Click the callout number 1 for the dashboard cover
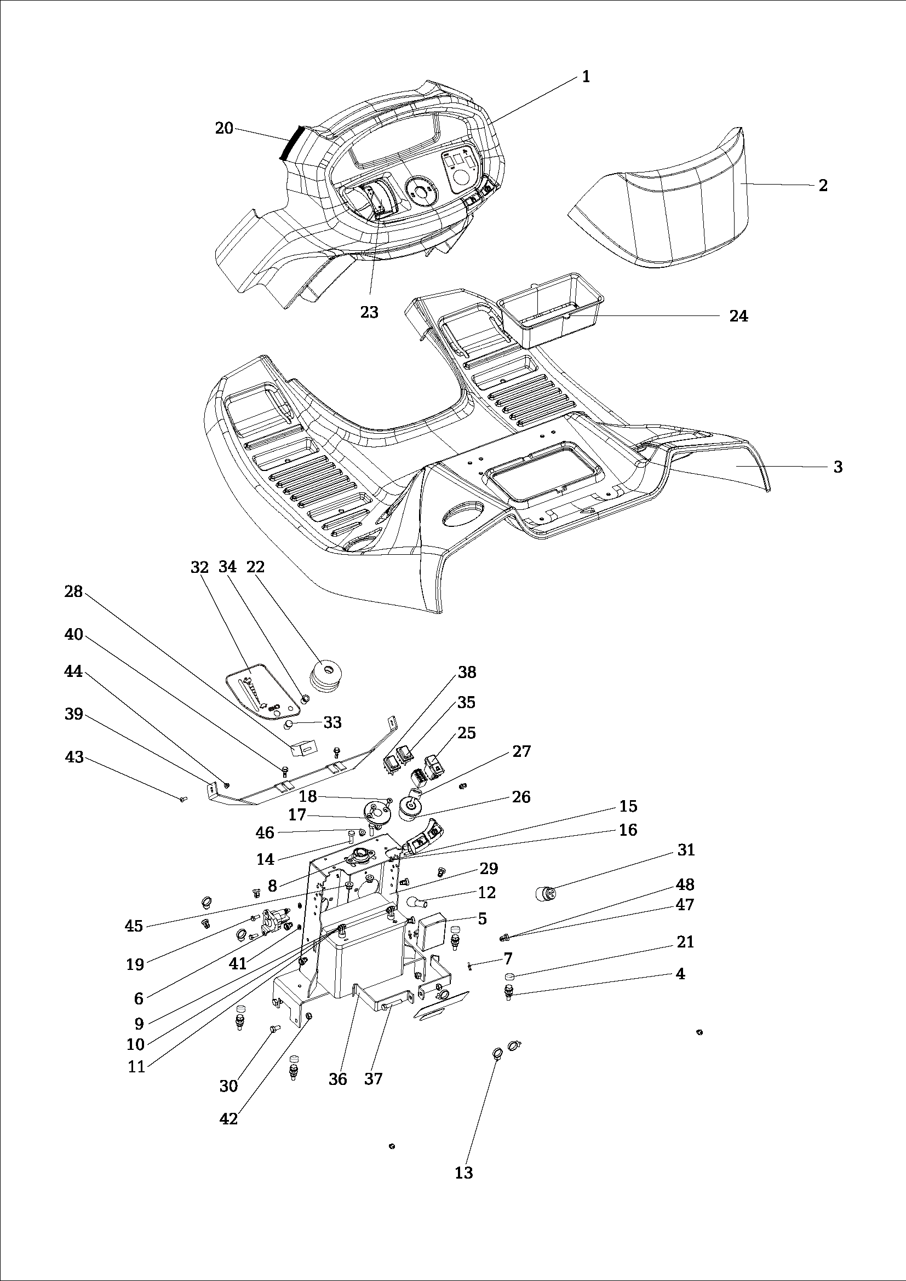(586, 77)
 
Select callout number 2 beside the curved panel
(823, 185)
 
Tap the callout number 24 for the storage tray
(738, 316)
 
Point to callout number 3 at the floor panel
(838, 467)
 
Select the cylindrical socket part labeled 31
(545, 893)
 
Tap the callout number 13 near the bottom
(463, 1172)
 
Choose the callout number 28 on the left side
(73, 591)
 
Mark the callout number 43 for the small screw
(74, 757)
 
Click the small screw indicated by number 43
(183, 800)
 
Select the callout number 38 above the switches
(467, 673)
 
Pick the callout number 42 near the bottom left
(229, 1119)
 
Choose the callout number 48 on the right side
(685, 884)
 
